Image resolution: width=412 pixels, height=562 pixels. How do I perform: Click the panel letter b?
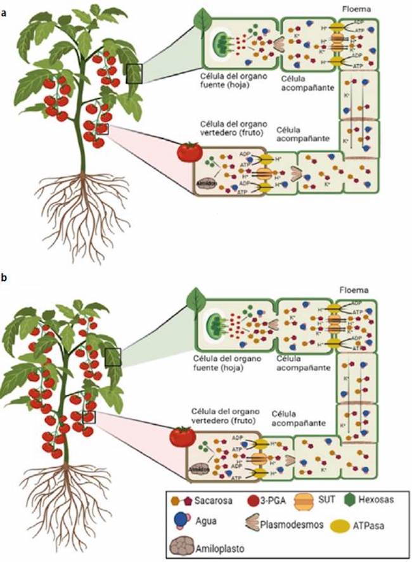[4, 278]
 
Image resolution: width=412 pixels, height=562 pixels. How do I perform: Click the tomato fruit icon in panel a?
[189, 152]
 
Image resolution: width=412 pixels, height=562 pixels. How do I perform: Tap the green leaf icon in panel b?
[198, 299]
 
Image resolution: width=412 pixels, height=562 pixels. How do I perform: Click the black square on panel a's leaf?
[134, 74]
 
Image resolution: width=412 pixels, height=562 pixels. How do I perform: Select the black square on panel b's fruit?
[89, 416]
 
